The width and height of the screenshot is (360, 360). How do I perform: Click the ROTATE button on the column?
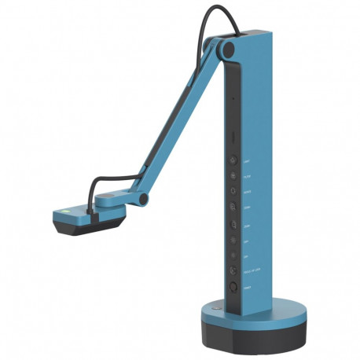pos(233,190)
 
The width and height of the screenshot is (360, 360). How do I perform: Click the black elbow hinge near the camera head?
pos(141,199)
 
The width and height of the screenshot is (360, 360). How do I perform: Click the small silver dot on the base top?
pos(211,310)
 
